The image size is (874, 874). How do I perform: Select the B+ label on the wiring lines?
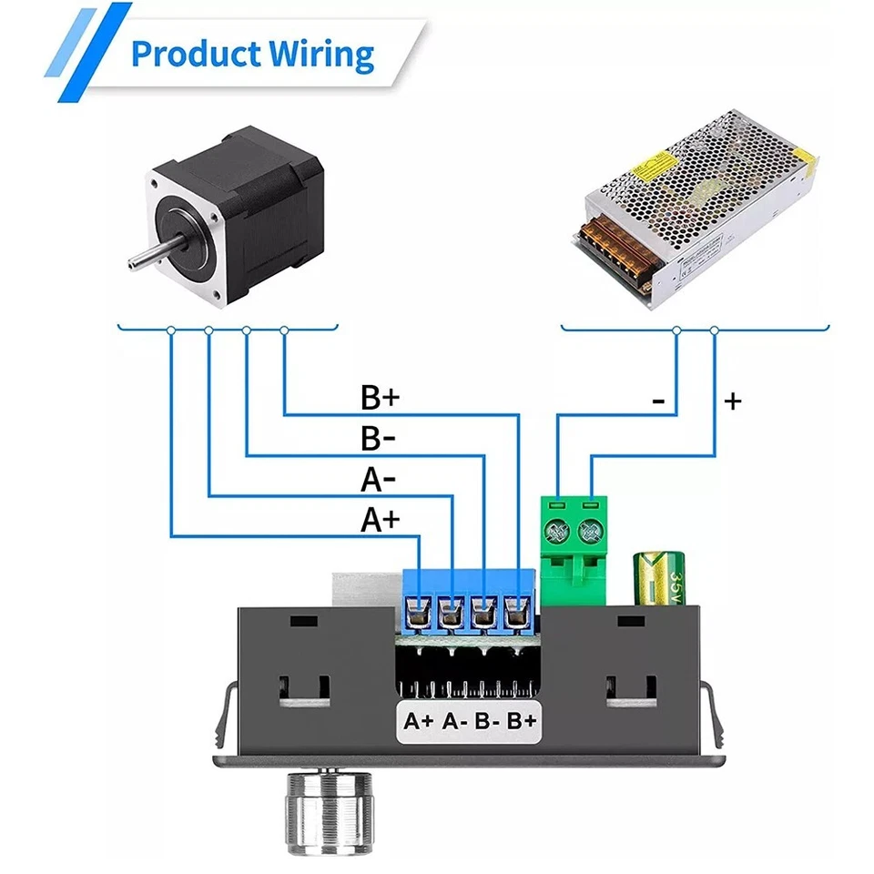[x=381, y=399]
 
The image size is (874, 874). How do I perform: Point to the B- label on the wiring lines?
[x=379, y=439]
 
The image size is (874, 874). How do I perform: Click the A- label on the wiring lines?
[x=379, y=479]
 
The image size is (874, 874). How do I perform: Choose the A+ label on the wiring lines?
[x=381, y=519]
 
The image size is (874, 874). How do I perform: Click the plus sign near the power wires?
[x=733, y=400]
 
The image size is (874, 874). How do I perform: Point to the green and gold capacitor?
[x=664, y=577]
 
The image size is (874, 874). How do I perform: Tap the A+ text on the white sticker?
[x=419, y=721]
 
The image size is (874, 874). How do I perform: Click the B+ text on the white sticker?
[x=521, y=721]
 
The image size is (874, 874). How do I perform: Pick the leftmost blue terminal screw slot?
[x=419, y=612]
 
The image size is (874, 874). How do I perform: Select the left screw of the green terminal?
[x=558, y=527]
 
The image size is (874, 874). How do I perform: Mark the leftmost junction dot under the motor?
[x=171, y=330]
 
